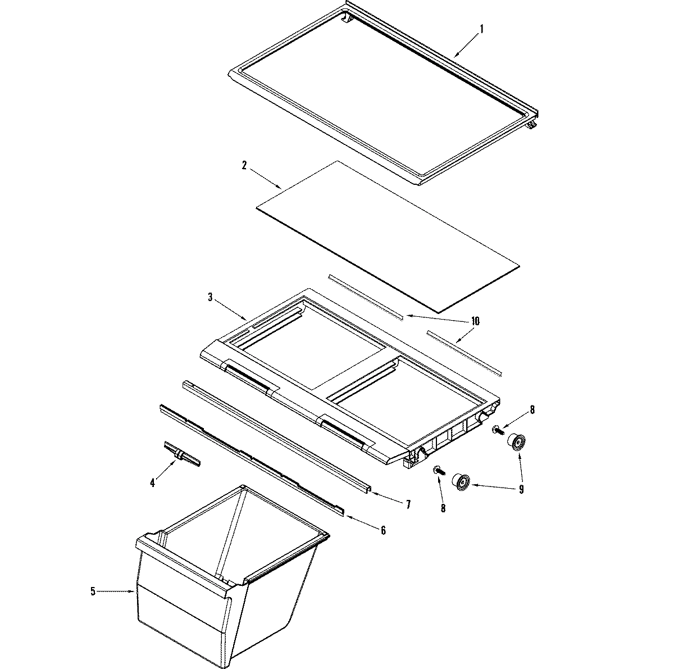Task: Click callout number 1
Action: pyautogui.click(x=481, y=28)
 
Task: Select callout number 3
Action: pyautogui.click(x=210, y=297)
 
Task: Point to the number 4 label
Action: pyautogui.click(x=152, y=483)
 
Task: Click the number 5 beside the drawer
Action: pyautogui.click(x=93, y=591)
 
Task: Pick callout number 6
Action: pyautogui.click(x=383, y=530)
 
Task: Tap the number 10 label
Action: pyautogui.click(x=475, y=321)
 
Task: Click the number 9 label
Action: pyautogui.click(x=521, y=489)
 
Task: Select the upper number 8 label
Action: pyautogui.click(x=532, y=409)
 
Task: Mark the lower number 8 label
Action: pyautogui.click(x=443, y=508)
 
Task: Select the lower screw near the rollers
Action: pyautogui.click(x=438, y=470)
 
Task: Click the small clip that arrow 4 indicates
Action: pyautogui.click(x=181, y=454)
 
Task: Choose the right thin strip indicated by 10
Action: pyautogui.click(x=464, y=352)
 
